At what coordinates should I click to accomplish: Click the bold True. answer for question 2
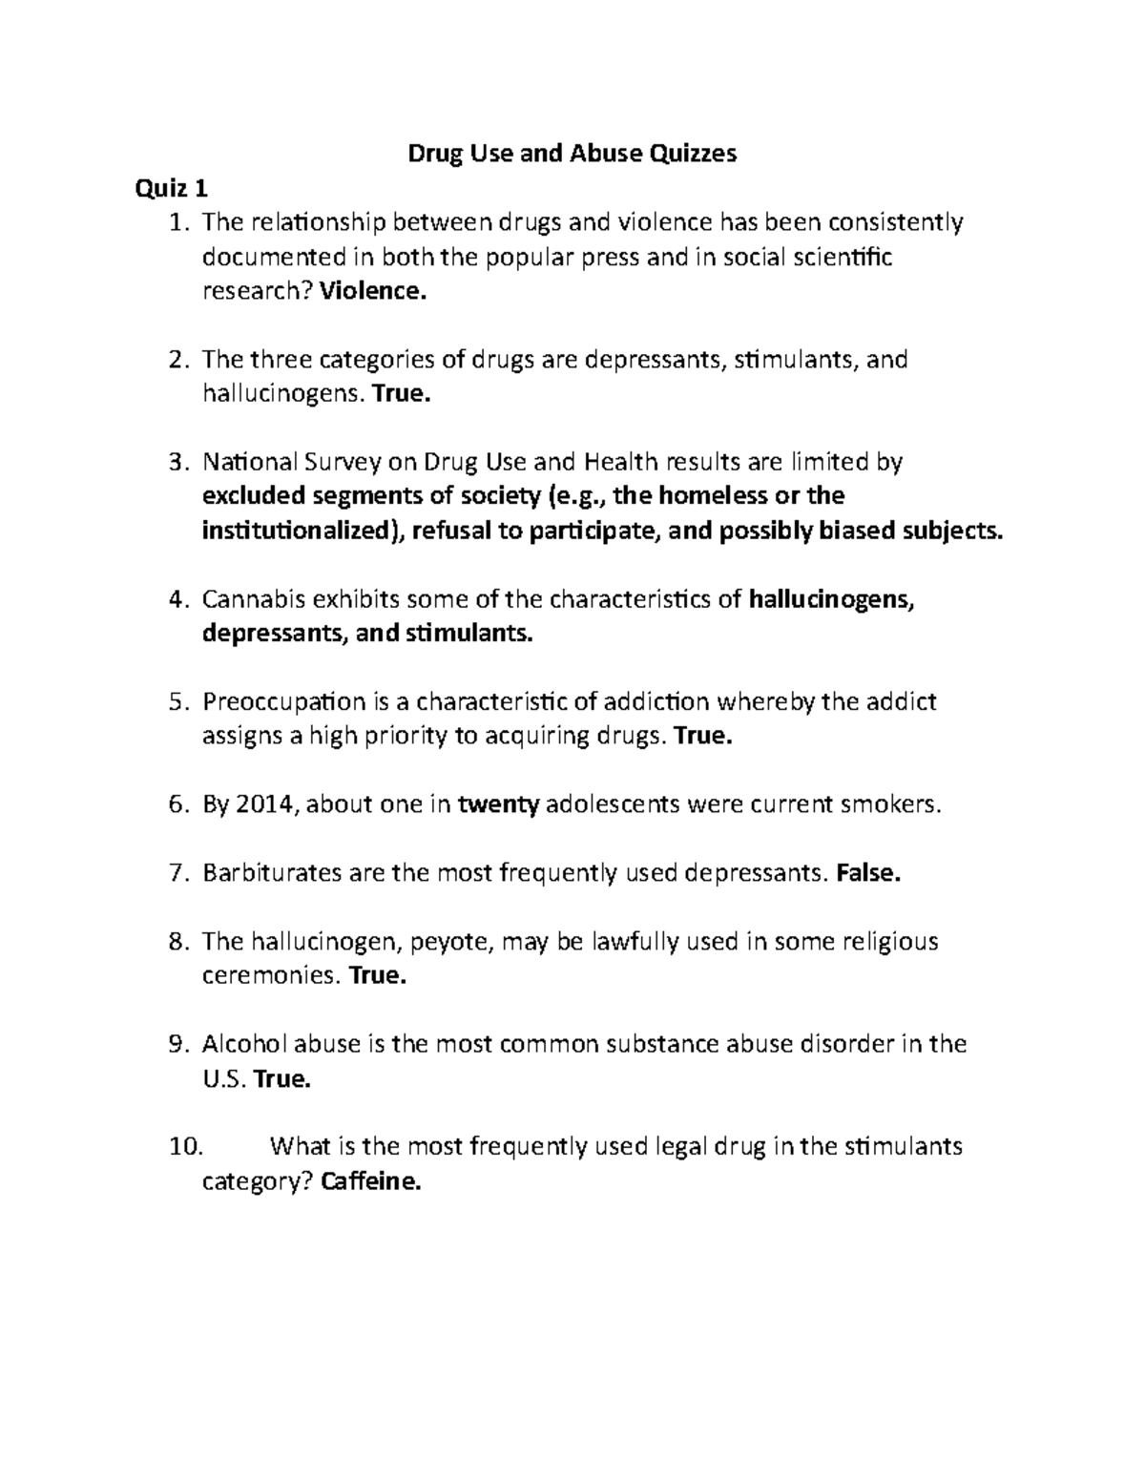pos(402,394)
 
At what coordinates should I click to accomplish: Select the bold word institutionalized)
pos(303,532)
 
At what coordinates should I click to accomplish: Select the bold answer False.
pos(867,873)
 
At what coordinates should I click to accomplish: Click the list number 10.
pos(185,1147)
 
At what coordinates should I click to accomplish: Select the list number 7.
pos(179,873)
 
